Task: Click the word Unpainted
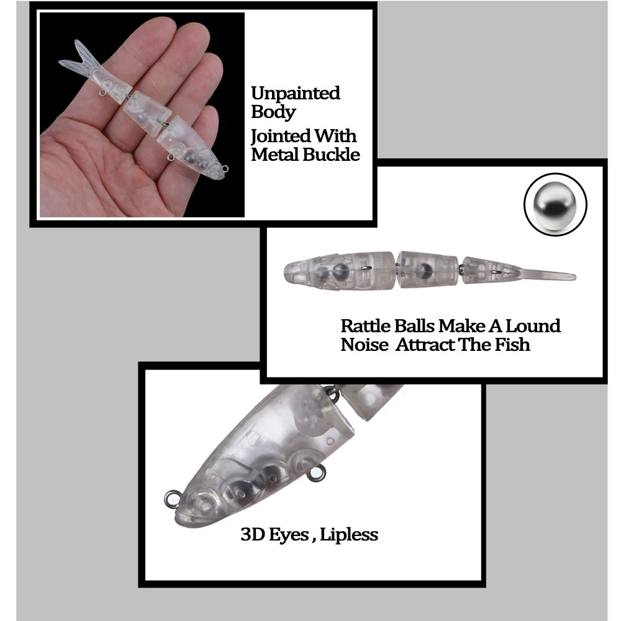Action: coord(296,94)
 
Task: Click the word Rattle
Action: coord(366,326)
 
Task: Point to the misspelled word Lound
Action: coord(533,326)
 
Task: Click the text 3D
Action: coord(253,535)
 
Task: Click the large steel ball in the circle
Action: coord(555,204)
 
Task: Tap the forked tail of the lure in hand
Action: coord(79,60)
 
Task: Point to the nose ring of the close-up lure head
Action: coord(172,499)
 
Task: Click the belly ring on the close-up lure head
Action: coord(317,473)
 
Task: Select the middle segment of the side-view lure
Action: coord(427,270)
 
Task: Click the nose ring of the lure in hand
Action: coord(225,169)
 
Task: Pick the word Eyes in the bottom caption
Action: coord(289,535)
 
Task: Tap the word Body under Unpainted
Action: coord(273,112)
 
